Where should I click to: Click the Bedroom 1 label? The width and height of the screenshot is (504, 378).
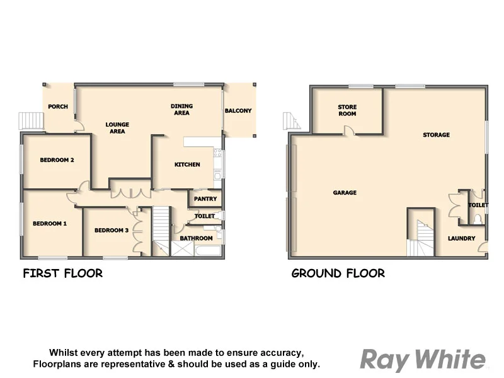click(x=50, y=224)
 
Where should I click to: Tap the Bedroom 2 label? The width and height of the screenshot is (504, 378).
click(x=57, y=160)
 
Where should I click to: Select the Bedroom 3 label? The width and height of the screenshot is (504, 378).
click(x=112, y=231)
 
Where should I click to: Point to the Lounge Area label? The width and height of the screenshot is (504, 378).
click(x=117, y=128)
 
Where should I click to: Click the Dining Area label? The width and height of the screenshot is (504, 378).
click(x=181, y=109)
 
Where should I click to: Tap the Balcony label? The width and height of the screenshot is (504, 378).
click(x=238, y=111)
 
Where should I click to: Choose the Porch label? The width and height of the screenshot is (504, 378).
click(x=58, y=107)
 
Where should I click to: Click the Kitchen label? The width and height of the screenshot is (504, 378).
click(x=187, y=164)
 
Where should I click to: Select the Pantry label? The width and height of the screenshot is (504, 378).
click(x=205, y=199)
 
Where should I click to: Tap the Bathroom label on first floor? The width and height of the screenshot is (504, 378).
click(x=196, y=238)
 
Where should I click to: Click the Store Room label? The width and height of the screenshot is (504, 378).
click(x=347, y=110)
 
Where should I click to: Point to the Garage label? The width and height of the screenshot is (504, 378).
click(x=345, y=193)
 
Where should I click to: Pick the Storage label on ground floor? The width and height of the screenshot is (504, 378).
click(x=436, y=135)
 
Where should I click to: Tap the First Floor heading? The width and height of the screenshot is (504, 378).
click(x=62, y=273)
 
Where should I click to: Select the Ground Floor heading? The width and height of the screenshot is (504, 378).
click(x=338, y=273)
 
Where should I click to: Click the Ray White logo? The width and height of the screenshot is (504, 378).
click(x=423, y=360)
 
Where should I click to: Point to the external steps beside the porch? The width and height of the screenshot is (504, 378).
click(x=30, y=120)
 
